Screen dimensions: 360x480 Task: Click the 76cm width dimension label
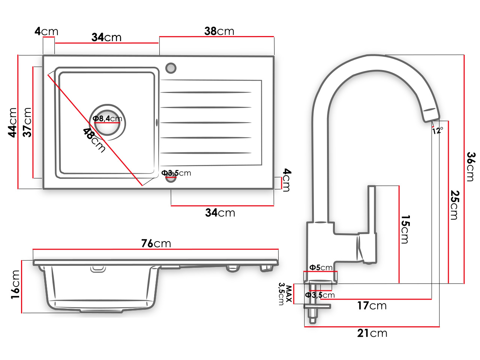click(x=156, y=243)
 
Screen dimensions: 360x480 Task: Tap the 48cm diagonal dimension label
click(x=94, y=140)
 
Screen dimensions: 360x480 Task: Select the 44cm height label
click(x=13, y=122)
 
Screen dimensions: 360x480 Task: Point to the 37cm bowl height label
click(x=27, y=122)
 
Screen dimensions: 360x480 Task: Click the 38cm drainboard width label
click(x=219, y=31)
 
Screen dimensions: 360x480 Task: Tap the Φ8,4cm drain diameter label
click(x=108, y=119)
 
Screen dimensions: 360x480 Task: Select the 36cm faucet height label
click(x=471, y=166)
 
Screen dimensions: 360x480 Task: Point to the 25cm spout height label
click(x=454, y=205)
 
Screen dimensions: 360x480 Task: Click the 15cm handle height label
click(x=405, y=229)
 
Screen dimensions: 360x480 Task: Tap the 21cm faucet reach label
click(x=372, y=333)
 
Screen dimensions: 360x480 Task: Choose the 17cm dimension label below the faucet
click(x=372, y=306)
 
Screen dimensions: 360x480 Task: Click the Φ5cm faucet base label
click(x=321, y=267)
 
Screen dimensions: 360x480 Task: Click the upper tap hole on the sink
click(x=171, y=68)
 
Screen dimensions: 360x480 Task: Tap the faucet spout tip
click(x=432, y=115)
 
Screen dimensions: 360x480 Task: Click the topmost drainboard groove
click(x=206, y=92)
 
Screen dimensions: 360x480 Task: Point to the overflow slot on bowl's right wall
click(x=157, y=122)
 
